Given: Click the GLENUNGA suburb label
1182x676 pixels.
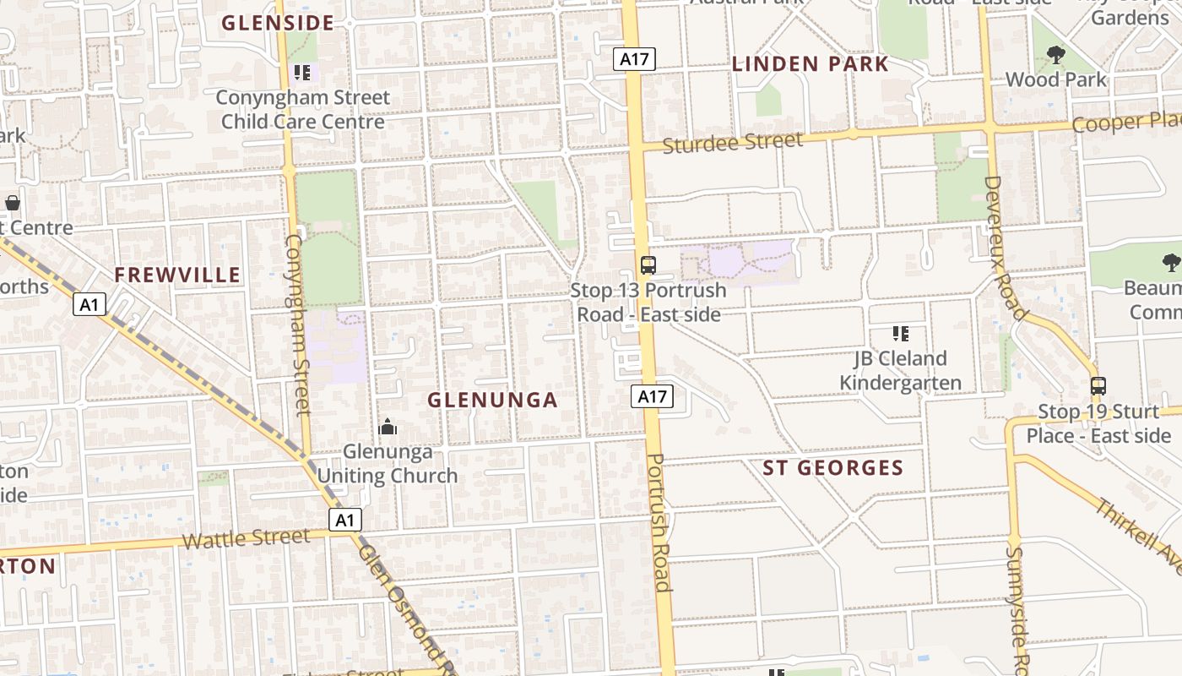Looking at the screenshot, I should (x=493, y=400).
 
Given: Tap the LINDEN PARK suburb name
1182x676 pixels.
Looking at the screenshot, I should (x=810, y=64).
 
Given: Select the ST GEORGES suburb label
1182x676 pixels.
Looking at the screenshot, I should (x=833, y=468).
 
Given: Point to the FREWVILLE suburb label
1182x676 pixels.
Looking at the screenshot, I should (x=178, y=275).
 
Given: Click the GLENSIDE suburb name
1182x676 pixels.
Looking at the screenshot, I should (x=278, y=23).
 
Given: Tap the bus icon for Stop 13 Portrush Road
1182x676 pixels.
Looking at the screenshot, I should (x=648, y=265).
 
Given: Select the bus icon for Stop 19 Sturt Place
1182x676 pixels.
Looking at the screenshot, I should (x=1098, y=386).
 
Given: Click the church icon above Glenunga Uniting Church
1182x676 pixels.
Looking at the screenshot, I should (x=388, y=427).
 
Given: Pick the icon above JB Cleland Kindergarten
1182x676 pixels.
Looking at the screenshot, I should (x=900, y=334).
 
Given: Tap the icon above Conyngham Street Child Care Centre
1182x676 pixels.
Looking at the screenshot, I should (x=302, y=73).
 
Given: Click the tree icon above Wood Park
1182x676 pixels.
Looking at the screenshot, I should (x=1055, y=56).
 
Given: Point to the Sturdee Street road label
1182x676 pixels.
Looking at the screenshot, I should (x=732, y=143).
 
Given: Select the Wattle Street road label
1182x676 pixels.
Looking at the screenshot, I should (x=246, y=538).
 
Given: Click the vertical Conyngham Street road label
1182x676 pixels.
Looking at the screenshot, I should (x=298, y=324).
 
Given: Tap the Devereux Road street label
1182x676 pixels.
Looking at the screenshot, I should (x=1005, y=248).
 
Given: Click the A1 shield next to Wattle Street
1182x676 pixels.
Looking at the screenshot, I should (x=344, y=520).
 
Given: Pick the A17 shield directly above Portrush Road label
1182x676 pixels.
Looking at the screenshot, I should (x=653, y=395).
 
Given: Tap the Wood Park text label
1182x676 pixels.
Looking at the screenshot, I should (x=1055, y=79).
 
